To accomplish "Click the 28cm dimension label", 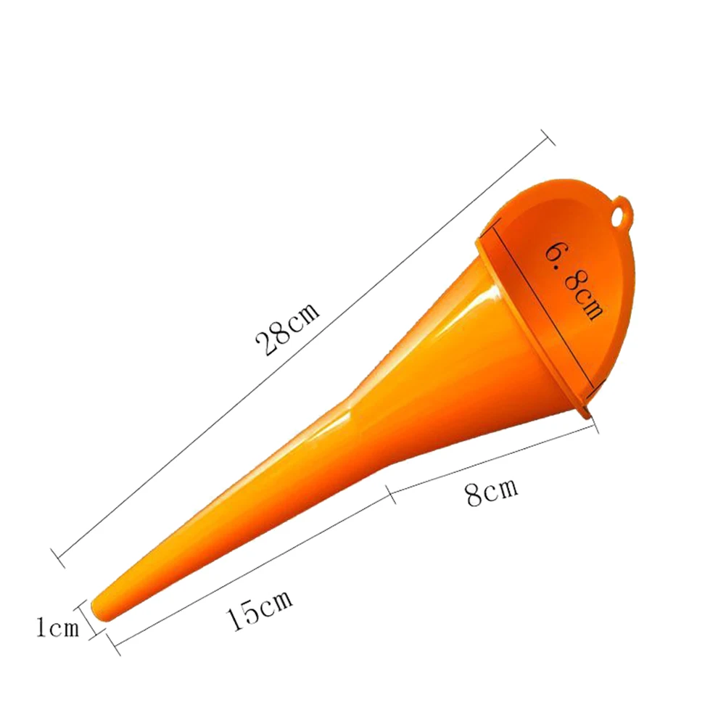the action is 287,329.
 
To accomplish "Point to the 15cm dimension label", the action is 260,609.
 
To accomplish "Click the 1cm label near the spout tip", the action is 57,627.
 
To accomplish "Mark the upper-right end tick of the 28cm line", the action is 548,137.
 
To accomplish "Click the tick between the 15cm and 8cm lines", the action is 390,495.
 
